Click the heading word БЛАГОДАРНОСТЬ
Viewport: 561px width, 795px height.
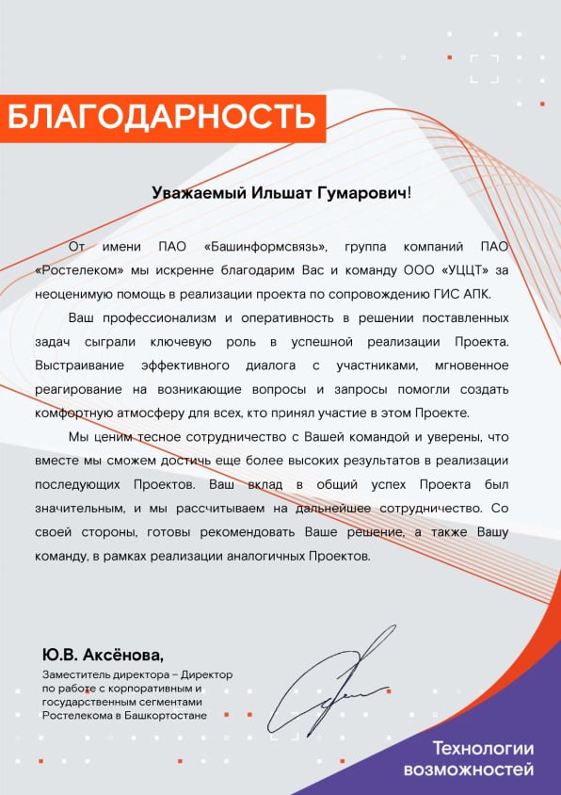pyautogui.click(x=161, y=118)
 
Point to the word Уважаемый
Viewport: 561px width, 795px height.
pyautogui.click(x=199, y=192)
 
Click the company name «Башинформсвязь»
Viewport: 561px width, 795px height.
pyautogui.click(x=265, y=247)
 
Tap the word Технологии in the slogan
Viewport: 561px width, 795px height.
pyautogui.click(x=483, y=750)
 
